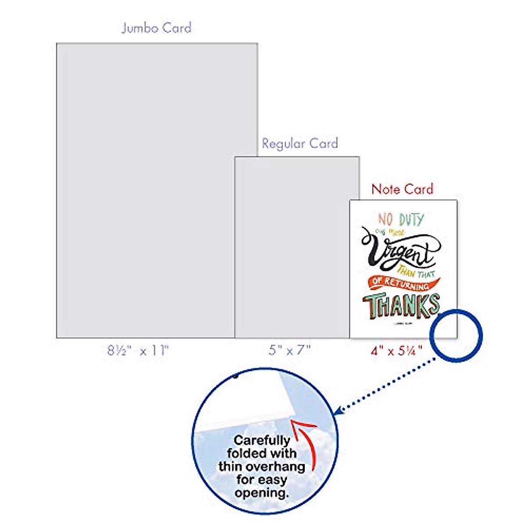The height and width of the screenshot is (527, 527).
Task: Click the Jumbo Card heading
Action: tap(156, 28)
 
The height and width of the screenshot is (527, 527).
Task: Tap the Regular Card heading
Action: tap(300, 144)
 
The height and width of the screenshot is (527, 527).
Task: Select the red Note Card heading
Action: tap(402, 189)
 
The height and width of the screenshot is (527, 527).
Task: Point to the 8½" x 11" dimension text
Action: tap(138, 351)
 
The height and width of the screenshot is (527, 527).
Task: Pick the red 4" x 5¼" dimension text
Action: tap(397, 351)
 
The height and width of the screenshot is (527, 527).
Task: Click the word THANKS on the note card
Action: tap(401, 305)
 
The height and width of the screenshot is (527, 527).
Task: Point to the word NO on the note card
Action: tap(385, 219)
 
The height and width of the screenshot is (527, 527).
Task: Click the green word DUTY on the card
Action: tap(411, 219)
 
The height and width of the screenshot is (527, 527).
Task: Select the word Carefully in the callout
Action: tap(262, 440)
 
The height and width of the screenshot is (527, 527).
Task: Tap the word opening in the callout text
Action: tap(262, 493)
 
